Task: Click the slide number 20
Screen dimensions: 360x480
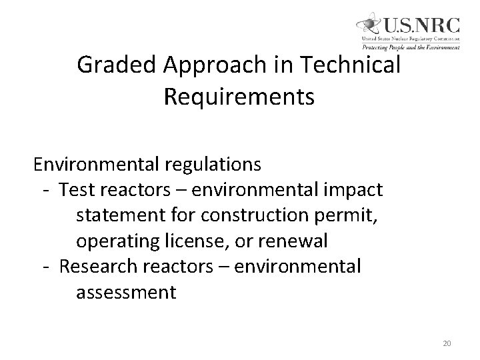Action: click(x=447, y=343)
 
